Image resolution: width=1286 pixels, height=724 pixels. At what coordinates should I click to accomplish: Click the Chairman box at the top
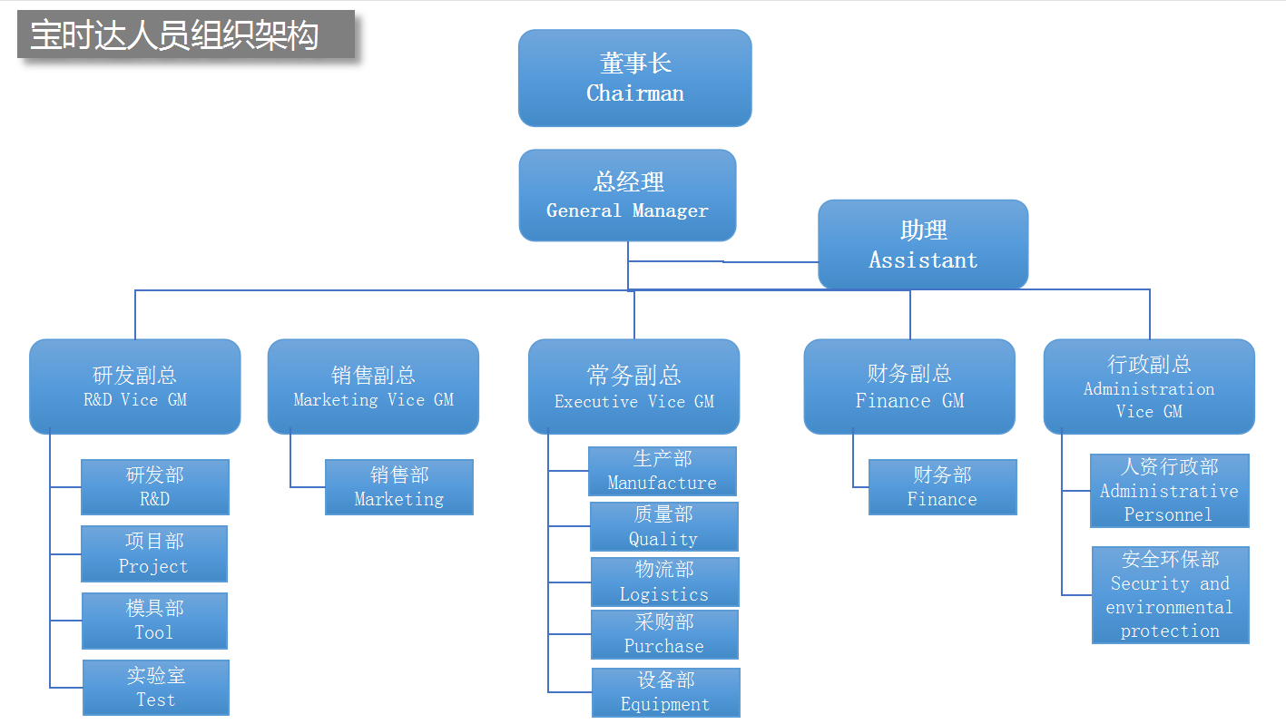click(x=634, y=78)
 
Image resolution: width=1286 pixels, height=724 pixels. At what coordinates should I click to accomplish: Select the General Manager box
click(x=627, y=195)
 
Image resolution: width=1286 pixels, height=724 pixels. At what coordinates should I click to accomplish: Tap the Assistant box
click(x=923, y=244)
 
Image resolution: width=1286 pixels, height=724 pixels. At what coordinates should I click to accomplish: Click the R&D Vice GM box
click(x=135, y=386)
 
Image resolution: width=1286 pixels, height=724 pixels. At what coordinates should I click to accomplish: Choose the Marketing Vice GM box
click(x=373, y=386)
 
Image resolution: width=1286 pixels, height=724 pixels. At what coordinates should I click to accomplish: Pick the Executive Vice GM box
click(x=633, y=386)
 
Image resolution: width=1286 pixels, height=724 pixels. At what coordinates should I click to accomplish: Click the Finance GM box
click(x=909, y=386)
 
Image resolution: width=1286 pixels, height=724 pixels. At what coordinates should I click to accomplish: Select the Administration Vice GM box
click(x=1149, y=386)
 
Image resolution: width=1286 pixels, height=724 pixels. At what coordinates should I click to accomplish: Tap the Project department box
click(x=154, y=553)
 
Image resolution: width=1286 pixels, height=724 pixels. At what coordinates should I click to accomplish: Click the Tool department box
click(x=154, y=621)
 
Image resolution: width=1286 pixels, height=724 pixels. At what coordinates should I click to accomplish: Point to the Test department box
click(x=155, y=688)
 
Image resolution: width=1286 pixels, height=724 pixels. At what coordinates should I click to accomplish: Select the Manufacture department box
click(x=662, y=471)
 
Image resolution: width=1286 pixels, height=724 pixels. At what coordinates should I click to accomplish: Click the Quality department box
click(x=663, y=526)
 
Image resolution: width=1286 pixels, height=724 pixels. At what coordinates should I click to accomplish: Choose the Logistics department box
click(x=664, y=582)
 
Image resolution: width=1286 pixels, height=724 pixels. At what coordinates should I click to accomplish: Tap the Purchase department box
click(x=663, y=634)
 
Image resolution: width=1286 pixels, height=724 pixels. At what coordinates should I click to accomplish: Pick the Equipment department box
click(x=665, y=692)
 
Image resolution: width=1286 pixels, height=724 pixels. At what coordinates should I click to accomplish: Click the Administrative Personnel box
click(x=1169, y=491)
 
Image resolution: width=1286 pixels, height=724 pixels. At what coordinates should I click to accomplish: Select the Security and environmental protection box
click(x=1170, y=594)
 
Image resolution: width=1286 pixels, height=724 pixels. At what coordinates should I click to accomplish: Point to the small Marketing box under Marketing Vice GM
click(x=398, y=487)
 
